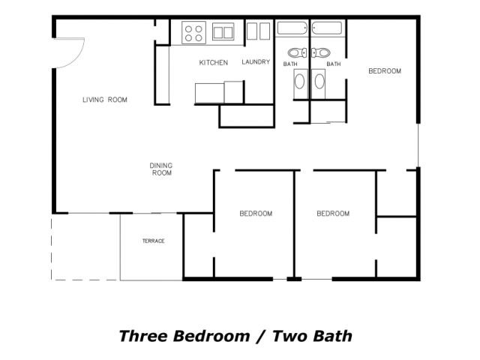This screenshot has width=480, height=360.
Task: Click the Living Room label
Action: click(105, 100)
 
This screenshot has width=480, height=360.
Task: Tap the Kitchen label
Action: click(213, 63)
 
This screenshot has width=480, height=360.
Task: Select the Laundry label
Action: click(256, 62)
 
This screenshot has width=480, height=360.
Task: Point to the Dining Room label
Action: click(161, 169)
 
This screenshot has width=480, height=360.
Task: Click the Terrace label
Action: click(153, 241)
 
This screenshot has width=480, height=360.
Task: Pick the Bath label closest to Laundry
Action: click(290, 64)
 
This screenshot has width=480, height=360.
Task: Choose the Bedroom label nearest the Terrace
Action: click(256, 214)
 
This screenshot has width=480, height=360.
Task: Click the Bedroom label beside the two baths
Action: click(385, 71)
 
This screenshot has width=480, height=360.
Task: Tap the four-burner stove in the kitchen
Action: click(193, 33)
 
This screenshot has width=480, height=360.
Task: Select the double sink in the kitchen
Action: click(223, 31)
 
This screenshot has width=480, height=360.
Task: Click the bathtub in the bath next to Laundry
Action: click(292, 28)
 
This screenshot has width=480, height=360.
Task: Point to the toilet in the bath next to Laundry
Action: click(297, 53)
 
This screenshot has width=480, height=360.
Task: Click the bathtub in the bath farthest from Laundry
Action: click(327, 28)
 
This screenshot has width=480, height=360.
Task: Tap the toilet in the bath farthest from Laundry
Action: click(321, 53)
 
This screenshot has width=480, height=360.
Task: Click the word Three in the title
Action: click(144, 336)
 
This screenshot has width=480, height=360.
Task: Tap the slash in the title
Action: click(262, 337)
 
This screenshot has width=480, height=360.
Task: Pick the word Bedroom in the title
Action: click(211, 336)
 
